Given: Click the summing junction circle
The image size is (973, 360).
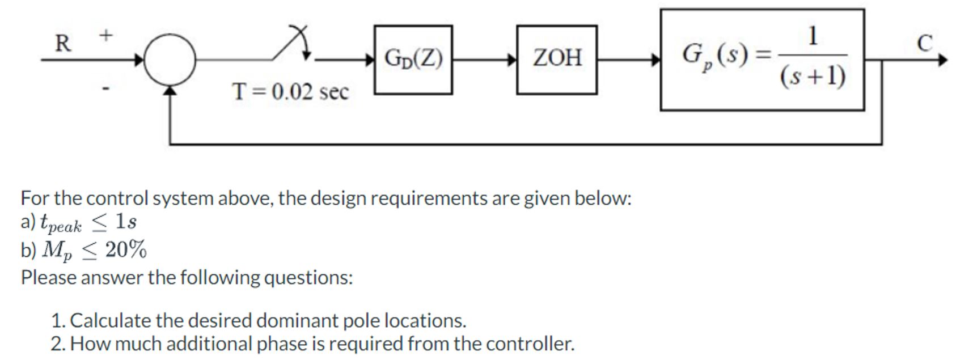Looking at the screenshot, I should point(170,60).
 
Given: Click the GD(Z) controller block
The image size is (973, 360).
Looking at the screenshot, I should point(413,59).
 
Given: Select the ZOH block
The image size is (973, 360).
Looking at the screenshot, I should point(556,59).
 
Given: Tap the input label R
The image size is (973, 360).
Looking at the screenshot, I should point(62,44).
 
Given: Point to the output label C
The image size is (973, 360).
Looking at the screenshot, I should point(924,44).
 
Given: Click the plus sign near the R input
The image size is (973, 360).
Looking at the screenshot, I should point(106,35).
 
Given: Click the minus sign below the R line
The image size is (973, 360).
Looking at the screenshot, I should point(105,88).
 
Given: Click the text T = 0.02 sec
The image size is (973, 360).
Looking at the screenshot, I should point(290,91).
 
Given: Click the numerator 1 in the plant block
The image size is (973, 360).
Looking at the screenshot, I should point(813,36).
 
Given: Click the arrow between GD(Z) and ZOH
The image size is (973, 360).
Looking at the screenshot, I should point(484,59).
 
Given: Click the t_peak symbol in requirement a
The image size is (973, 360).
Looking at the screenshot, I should point(60,223).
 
